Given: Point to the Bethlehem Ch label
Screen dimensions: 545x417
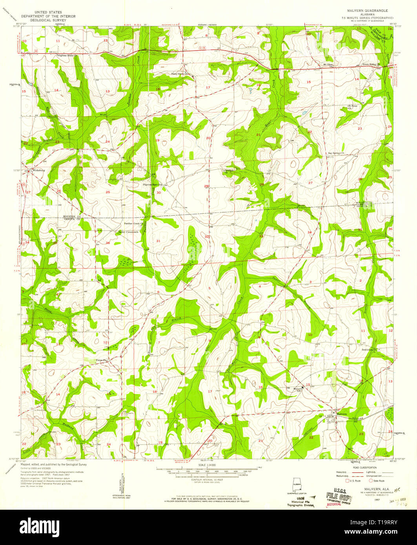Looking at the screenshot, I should coord(369,349).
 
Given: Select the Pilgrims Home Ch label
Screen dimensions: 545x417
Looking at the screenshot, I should coord(66,56).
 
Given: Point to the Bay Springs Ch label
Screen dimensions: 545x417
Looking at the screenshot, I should coord(336,153).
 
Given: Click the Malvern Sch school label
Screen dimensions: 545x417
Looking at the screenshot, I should coord(299,389).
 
